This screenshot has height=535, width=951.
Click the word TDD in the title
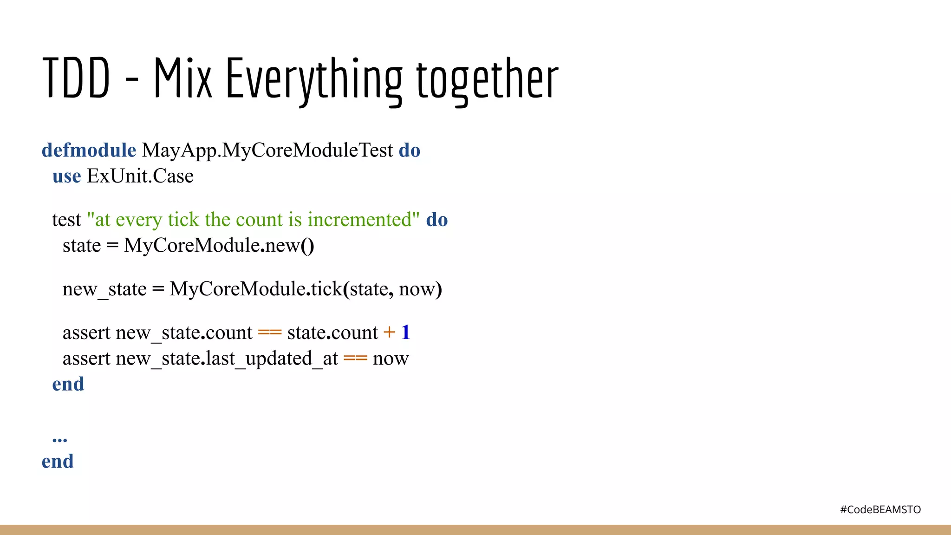click(x=76, y=78)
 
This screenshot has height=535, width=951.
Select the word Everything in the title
click(x=314, y=79)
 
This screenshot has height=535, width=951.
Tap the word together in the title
click(x=487, y=79)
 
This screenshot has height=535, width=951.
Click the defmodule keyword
click(x=89, y=150)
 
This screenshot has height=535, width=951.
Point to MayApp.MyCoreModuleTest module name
click(x=267, y=150)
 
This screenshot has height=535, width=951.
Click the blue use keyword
click(x=66, y=176)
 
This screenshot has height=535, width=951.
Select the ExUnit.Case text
click(x=140, y=176)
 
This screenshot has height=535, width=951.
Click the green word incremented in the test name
click(x=360, y=220)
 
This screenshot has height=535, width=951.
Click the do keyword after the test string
click(x=437, y=220)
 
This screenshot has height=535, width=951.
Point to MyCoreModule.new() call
click(x=219, y=245)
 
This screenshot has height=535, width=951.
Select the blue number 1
click(x=405, y=333)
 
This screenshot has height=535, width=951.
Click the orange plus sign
click(x=389, y=333)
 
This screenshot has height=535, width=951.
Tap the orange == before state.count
click(x=270, y=333)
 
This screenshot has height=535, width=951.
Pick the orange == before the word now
click(x=355, y=359)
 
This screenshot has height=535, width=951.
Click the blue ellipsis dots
click(x=60, y=439)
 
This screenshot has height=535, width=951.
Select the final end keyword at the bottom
click(x=58, y=461)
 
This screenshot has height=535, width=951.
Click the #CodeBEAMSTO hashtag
click(x=880, y=509)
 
